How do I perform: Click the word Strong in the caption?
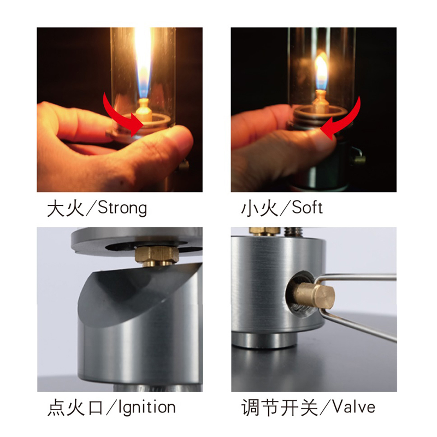(x=122, y=208)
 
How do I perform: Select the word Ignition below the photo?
(x=147, y=408)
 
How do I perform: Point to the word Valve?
(x=353, y=407)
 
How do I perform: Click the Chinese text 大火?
(x=66, y=209)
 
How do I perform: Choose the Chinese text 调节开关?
(x=280, y=408)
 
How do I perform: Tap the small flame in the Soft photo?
(x=321, y=71)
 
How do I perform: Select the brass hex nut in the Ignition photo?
(x=157, y=255)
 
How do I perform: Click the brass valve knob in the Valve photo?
(x=315, y=296)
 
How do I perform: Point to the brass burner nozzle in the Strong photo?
(x=144, y=110)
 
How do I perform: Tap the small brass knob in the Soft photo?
(x=359, y=159)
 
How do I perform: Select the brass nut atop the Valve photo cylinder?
(x=264, y=231)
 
